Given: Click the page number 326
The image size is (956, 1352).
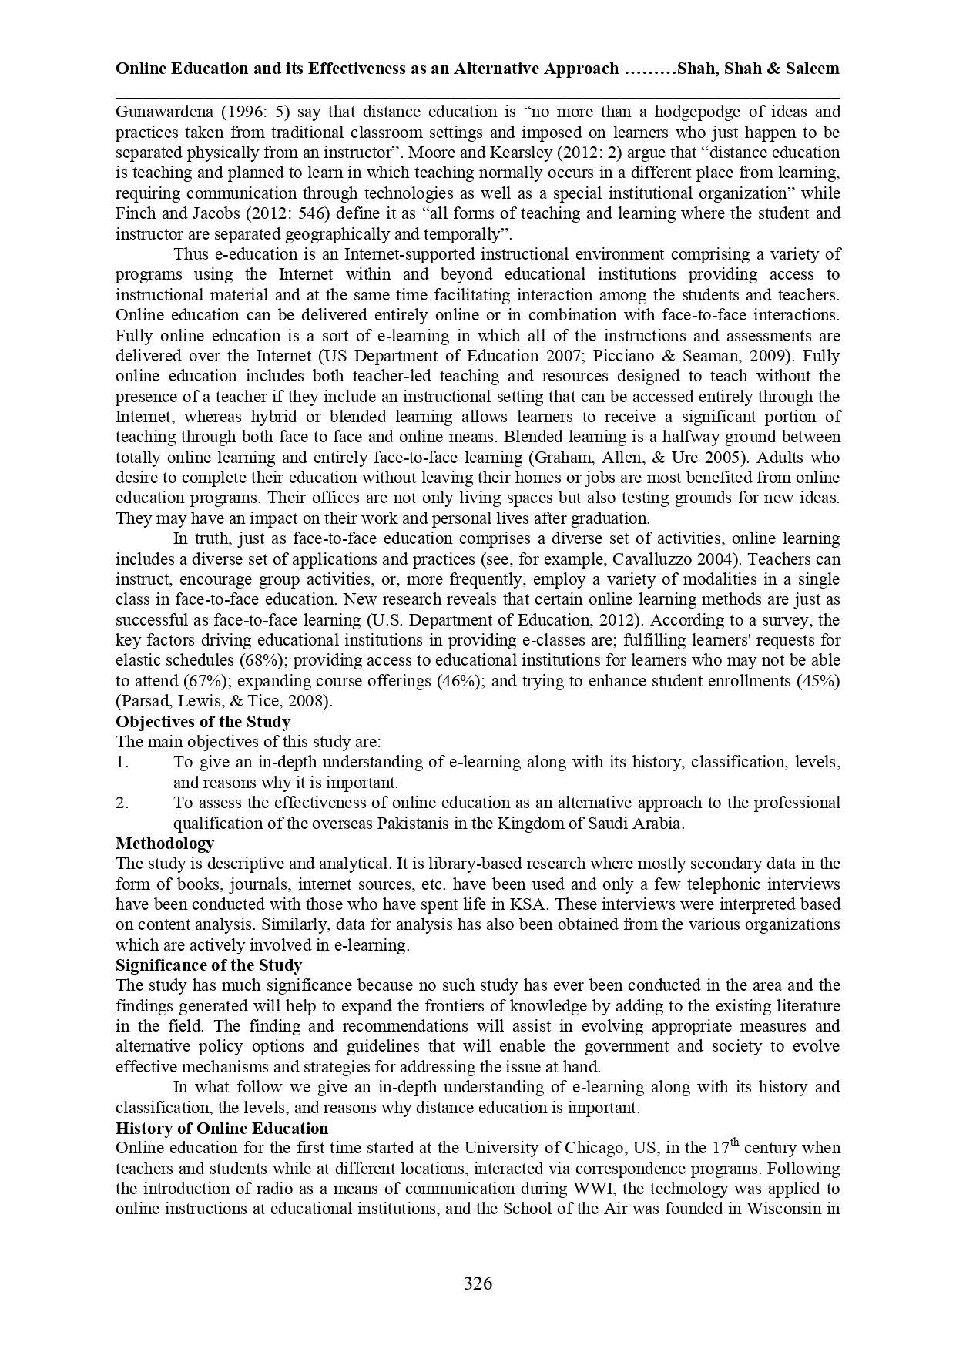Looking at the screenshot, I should (x=478, y=1283).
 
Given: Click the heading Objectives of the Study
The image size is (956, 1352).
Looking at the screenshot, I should (x=203, y=722).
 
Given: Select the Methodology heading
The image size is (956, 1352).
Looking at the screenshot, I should (x=165, y=844).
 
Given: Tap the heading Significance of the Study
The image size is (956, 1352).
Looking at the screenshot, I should (x=209, y=965).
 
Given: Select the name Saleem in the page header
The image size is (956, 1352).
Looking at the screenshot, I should (x=813, y=69).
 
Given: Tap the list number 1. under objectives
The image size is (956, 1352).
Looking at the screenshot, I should (x=122, y=763).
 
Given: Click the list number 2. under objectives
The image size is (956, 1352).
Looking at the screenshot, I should (x=122, y=803).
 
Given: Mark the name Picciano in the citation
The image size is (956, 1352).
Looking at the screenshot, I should (x=693, y=357).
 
